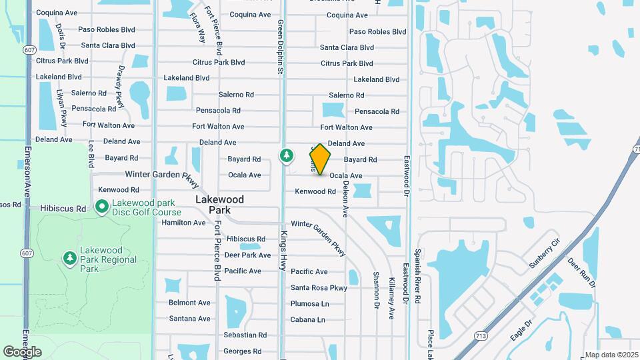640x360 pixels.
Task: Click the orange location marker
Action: coord(320,159)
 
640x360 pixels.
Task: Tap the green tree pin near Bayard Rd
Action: coord(287,155)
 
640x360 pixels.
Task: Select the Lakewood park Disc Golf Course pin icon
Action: coord(102,207)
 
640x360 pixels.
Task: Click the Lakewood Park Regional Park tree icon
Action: coord(69,257)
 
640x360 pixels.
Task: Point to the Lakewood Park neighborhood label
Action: coord(219,204)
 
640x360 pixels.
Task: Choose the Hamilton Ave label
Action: coord(183,223)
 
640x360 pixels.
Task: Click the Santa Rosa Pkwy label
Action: coord(319,288)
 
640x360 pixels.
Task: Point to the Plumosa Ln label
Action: coord(310,303)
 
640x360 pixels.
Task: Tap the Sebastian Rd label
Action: coord(245,335)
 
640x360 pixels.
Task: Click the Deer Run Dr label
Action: coord(581,272)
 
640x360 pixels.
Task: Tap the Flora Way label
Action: coord(197,27)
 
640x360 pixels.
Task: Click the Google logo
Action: coord(22,352)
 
